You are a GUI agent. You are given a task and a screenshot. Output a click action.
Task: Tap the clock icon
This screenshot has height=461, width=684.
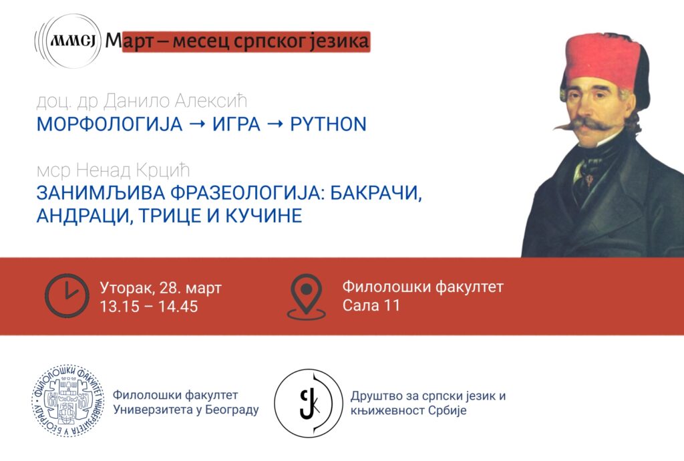[66, 295]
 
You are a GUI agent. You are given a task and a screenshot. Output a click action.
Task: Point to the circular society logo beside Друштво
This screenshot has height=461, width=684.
[307, 402]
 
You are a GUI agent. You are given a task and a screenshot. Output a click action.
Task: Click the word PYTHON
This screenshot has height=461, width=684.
[328, 124]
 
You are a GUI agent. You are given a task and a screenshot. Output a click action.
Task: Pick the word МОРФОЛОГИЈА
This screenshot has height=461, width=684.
[108, 124]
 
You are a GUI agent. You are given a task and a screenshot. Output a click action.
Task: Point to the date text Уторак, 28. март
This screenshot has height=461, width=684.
[161, 288]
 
